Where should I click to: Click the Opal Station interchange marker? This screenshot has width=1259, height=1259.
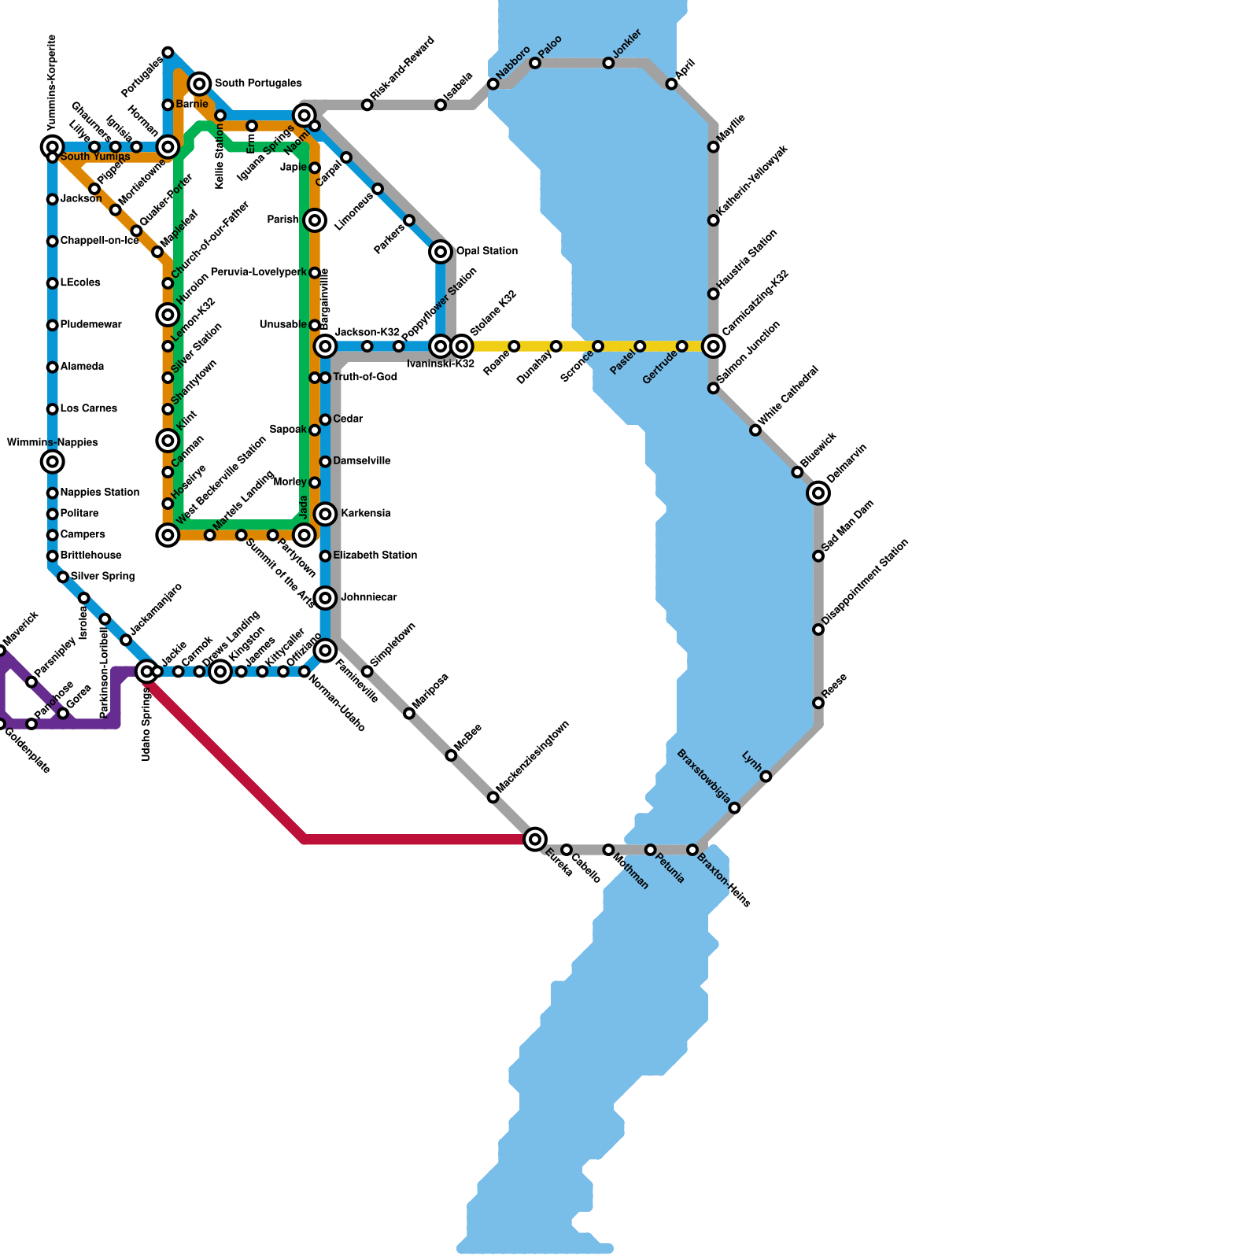441,252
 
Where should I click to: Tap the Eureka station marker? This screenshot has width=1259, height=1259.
535,839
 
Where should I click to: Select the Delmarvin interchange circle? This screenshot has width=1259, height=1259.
818,493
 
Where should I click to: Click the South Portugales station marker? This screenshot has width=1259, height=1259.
200,83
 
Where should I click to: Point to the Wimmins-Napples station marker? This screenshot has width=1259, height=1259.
53,462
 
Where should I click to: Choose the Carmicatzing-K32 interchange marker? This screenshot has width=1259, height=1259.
714,346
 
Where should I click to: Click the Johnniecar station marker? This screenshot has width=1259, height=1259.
326,598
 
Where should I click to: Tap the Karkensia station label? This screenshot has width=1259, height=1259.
365,514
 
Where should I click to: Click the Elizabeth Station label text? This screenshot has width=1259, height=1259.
375,556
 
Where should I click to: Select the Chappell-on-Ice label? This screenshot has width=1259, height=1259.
99,241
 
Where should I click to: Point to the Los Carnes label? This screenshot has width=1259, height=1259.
88,408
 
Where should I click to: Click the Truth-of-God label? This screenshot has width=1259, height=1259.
364,378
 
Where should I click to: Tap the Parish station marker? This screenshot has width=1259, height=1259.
315,220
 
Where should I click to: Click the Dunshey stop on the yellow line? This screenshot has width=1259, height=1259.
556,346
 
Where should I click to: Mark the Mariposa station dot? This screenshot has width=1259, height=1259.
409,714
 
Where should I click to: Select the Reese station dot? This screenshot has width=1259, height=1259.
818,703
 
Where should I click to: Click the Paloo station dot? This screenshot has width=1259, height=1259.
535,63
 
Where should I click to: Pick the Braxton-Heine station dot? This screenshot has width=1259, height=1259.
692,850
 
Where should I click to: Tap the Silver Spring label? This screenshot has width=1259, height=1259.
102,577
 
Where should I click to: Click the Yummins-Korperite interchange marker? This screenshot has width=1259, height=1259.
53,146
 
